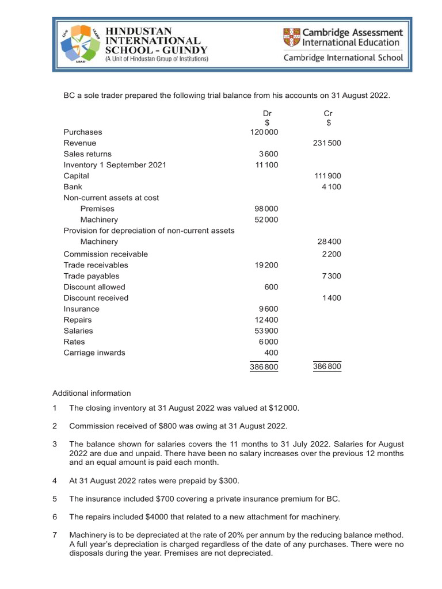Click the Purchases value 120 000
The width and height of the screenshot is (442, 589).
coord(264,132)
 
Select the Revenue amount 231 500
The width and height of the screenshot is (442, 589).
coord(327,143)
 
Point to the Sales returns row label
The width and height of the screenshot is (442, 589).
coord(87,154)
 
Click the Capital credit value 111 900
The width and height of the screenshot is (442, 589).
coord(327,176)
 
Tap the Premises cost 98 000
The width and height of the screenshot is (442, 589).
coord(266,209)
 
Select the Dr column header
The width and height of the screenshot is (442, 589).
coord(266,114)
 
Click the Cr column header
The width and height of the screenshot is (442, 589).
coord(329,114)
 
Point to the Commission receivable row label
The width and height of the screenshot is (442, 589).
coord(105,254)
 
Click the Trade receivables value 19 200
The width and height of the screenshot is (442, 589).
coord(266,265)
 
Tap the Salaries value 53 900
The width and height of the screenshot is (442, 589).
coord(266,331)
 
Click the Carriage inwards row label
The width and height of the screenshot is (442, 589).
coord(94,353)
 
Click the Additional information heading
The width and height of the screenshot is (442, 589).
coord(92,393)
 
